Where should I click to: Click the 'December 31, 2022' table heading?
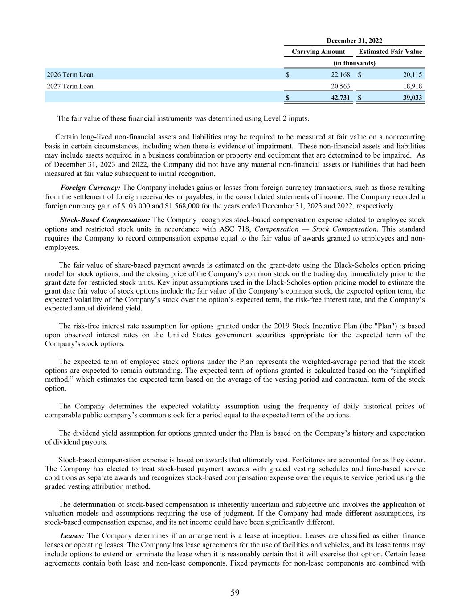pos(355,41)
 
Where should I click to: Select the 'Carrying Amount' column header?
pos(318,52)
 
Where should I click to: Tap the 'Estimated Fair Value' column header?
pos(390,52)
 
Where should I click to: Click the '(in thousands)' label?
pos(355,63)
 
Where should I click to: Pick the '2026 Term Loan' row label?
pos(70,75)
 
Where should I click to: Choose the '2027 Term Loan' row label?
pos(70,86)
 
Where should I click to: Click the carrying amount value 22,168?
pos(341,75)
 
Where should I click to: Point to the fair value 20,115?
pos(413,75)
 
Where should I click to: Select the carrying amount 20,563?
pos(341,86)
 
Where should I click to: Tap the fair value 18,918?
pos(413,86)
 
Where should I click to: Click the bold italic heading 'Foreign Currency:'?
pos(90,188)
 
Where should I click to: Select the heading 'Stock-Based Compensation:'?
pos(105,220)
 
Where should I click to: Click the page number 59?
pos(235,592)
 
